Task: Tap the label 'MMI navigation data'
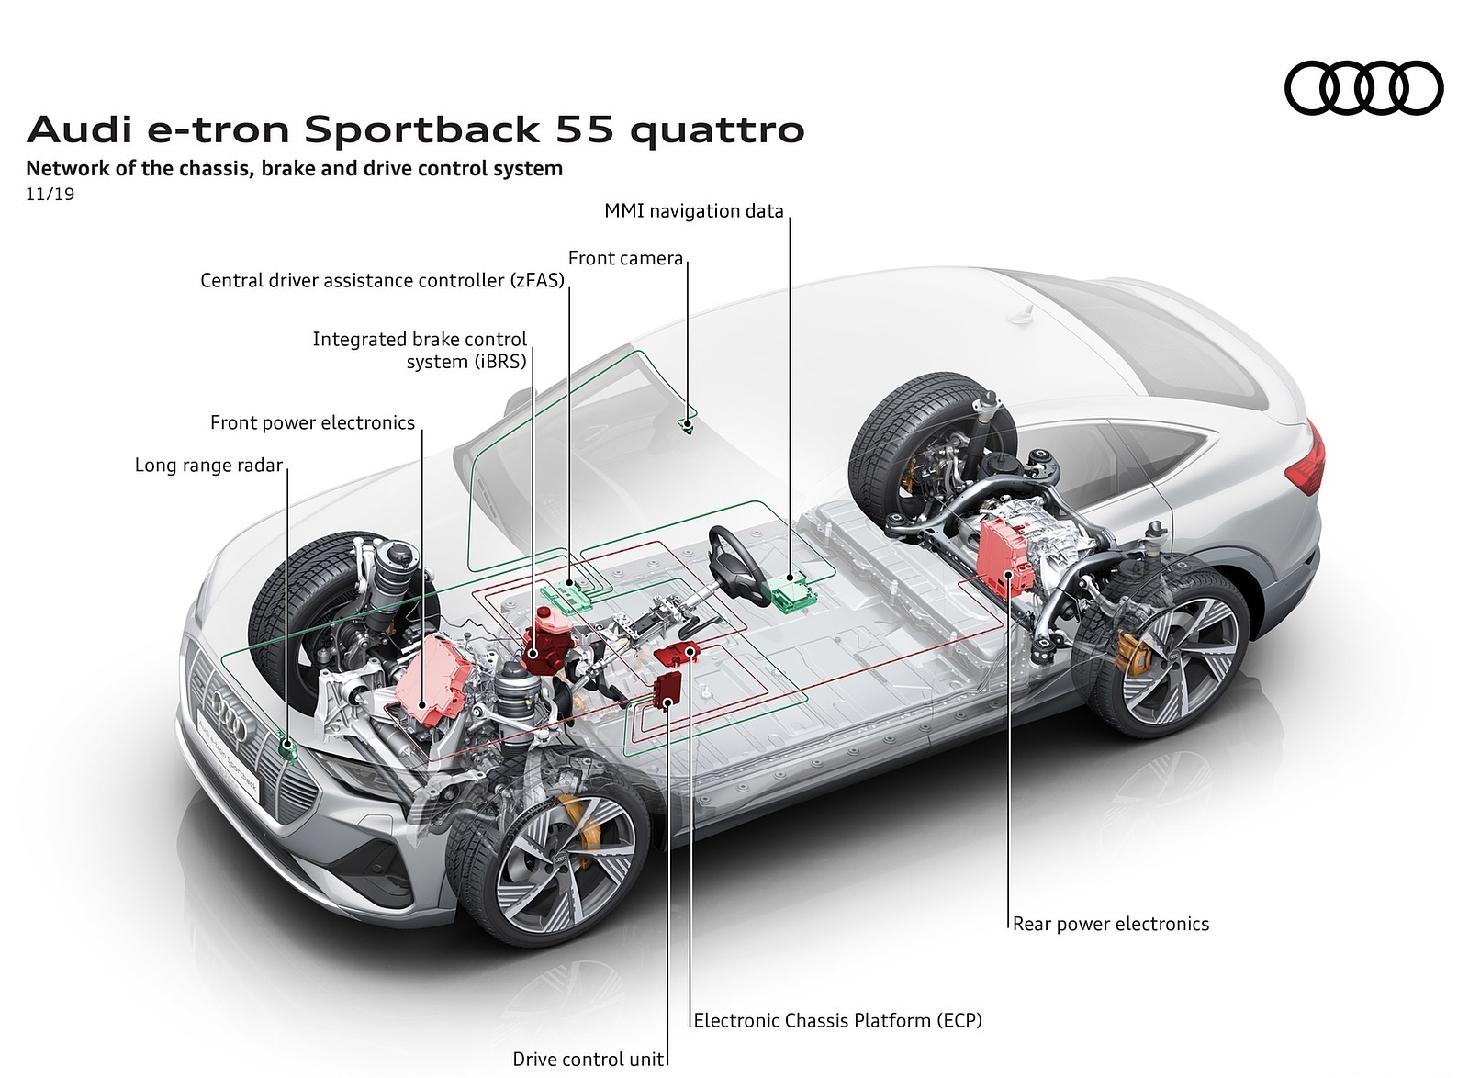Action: point(693,211)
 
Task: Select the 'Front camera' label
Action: point(625,258)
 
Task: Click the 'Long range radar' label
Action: point(208,465)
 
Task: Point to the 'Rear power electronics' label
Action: point(1111,924)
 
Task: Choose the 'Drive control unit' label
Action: point(588,1060)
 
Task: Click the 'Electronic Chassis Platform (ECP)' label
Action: point(837,1019)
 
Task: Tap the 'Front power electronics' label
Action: point(312,422)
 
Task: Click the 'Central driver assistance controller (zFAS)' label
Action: point(382,280)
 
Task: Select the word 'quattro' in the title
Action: point(717,130)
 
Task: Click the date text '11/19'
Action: point(50,195)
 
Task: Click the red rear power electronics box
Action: point(1005,555)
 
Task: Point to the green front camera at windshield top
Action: point(685,423)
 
